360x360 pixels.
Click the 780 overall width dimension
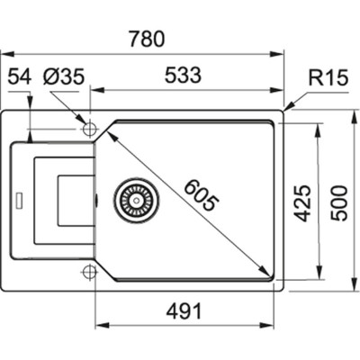point(148,39)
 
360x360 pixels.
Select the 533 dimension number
point(183,75)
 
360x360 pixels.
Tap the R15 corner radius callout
point(328,77)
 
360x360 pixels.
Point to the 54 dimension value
point(20,76)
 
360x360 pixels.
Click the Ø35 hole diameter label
point(63,76)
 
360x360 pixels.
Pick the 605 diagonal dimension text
point(200,195)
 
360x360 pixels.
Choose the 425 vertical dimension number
point(301,203)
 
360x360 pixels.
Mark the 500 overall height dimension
point(338,203)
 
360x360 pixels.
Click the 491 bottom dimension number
point(184,311)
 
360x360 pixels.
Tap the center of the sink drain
point(137,200)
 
